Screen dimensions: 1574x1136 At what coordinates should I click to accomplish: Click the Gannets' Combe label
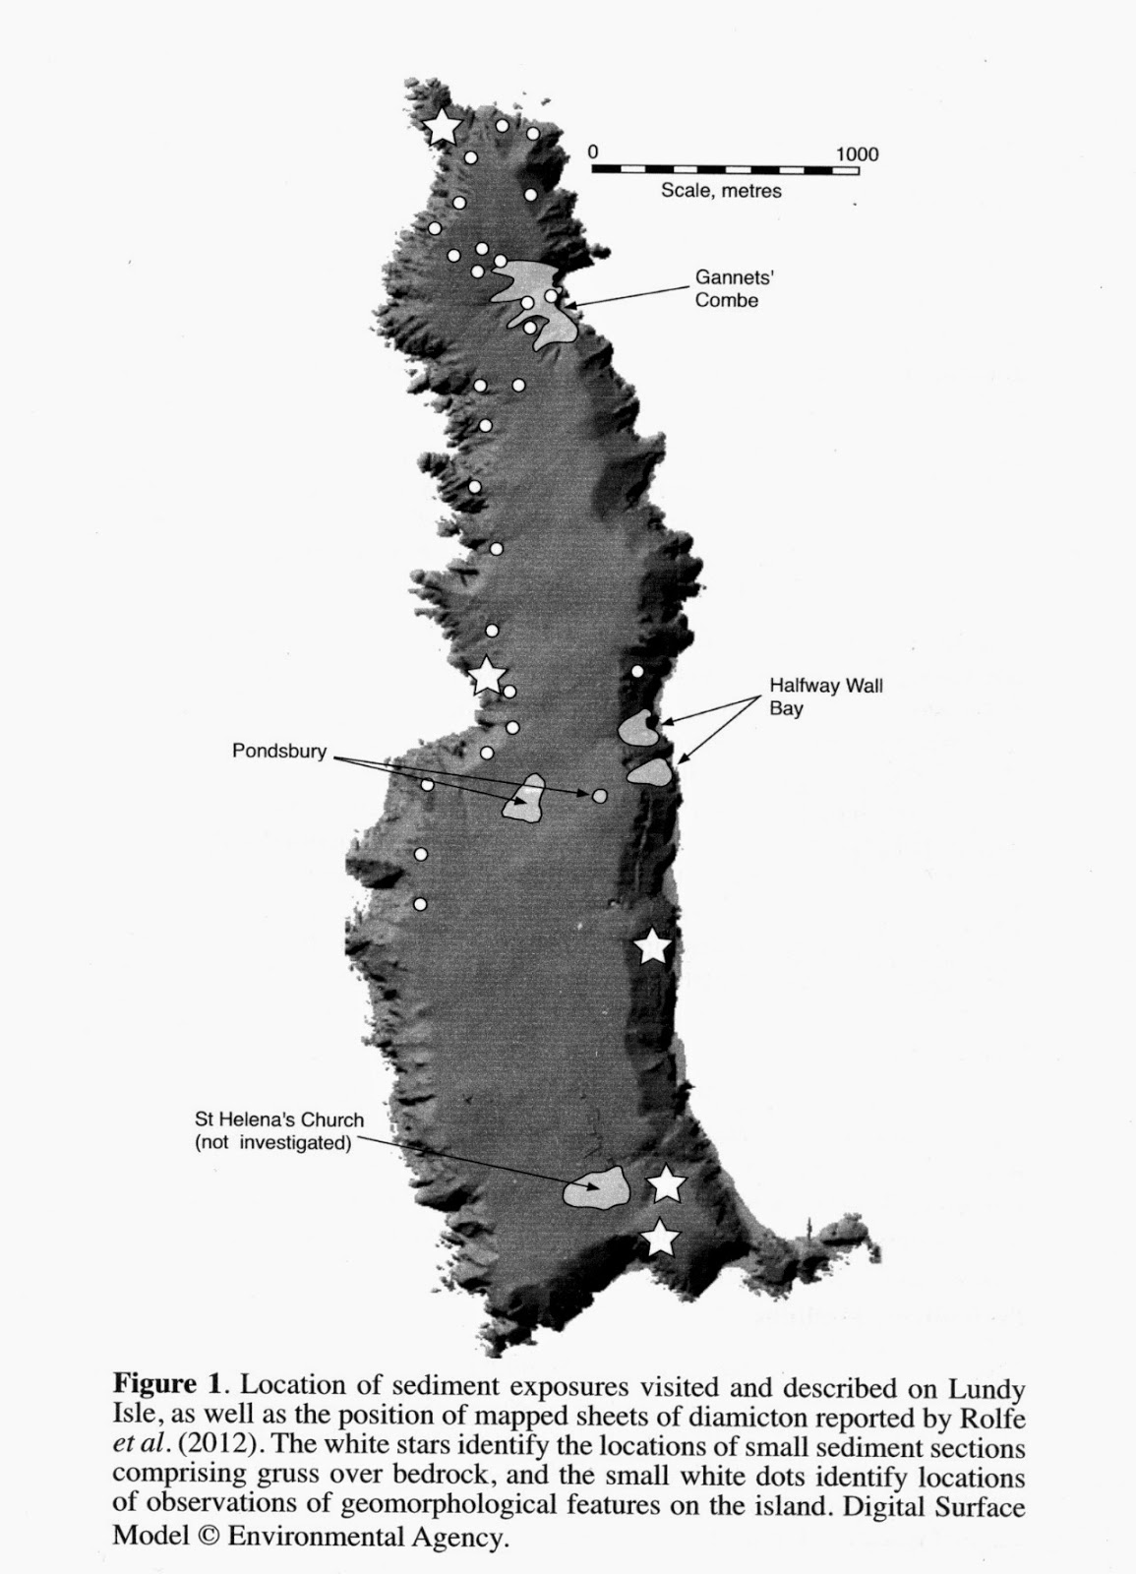(x=727, y=290)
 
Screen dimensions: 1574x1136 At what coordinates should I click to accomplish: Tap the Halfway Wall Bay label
(x=826, y=696)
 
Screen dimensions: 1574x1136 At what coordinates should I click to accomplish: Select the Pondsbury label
(x=278, y=751)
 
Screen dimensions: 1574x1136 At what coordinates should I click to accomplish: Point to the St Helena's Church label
(x=278, y=1131)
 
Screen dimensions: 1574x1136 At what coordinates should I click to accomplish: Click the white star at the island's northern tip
(x=444, y=127)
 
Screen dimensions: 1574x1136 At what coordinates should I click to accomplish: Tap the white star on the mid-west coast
(x=487, y=676)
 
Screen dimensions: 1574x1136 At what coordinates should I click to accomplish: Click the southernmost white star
(x=660, y=1240)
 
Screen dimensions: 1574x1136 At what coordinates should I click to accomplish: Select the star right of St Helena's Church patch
(x=667, y=1185)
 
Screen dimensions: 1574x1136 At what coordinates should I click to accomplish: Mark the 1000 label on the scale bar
(x=857, y=153)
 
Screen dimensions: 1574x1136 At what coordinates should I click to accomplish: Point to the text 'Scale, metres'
(x=721, y=191)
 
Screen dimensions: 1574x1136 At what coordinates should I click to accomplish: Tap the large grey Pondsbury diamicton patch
(x=524, y=800)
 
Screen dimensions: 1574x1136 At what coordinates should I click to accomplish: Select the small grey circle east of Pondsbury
(x=599, y=795)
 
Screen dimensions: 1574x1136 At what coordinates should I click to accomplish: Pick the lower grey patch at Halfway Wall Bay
(x=650, y=772)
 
